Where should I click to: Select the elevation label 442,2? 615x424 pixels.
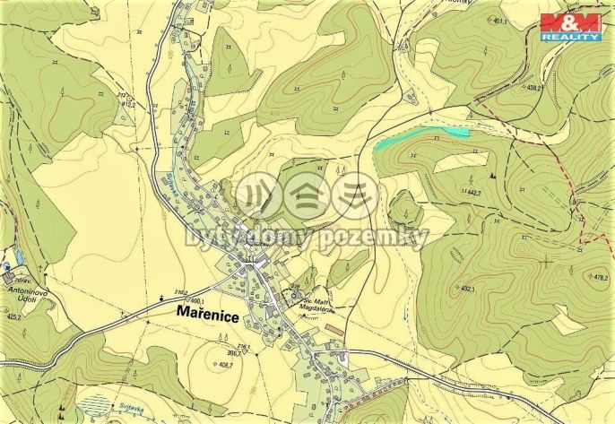pyautogui.click(x=475, y=193)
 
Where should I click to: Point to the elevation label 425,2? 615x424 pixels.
pyautogui.click(x=13, y=316)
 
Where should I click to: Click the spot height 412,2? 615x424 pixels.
pyautogui.click(x=126, y=105)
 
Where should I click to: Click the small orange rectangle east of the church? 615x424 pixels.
pyautogui.click(x=333, y=330)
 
